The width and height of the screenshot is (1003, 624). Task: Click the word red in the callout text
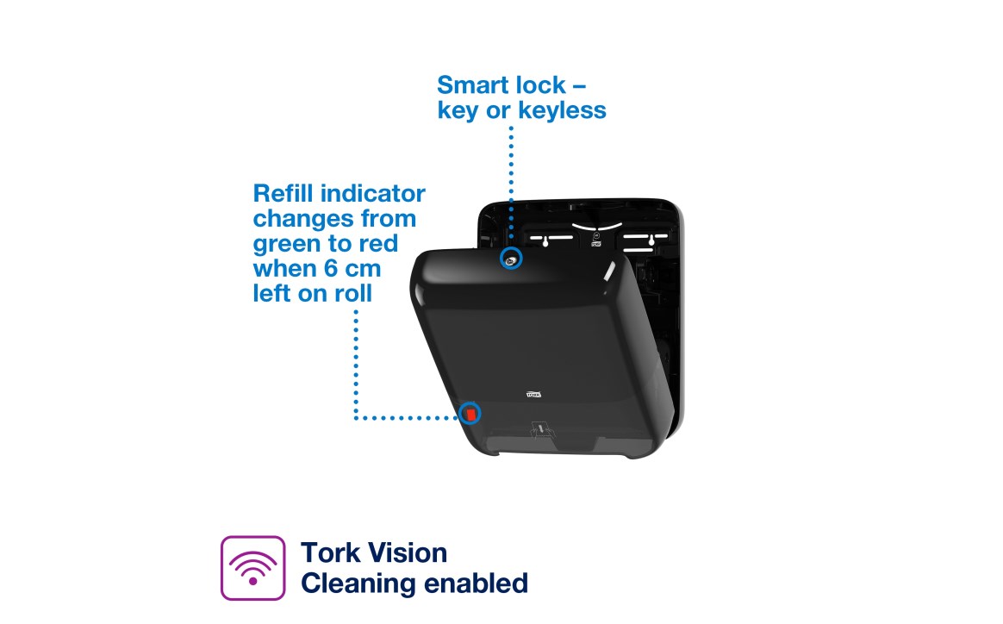tap(377, 244)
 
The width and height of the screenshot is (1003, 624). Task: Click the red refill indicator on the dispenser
tap(470, 415)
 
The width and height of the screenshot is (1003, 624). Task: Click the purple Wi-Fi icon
tap(252, 568)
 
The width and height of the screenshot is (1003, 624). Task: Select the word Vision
tap(408, 552)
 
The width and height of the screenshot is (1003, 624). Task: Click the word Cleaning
tap(357, 583)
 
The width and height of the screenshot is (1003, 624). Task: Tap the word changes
tap(305, 219)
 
